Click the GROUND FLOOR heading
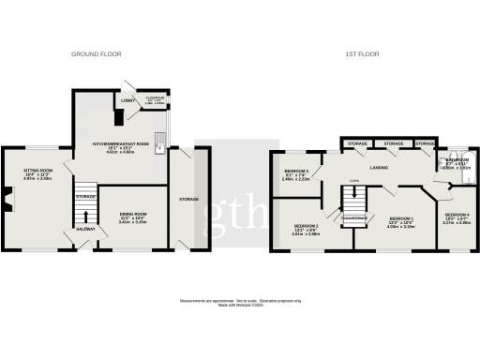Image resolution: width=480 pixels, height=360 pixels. point(92,54)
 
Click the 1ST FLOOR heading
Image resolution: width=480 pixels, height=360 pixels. point(360,54)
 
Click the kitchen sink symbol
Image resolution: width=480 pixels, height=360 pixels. point(161,143)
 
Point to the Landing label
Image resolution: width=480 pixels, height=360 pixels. point(379,168)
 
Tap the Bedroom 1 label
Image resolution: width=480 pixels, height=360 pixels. point(401,222)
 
